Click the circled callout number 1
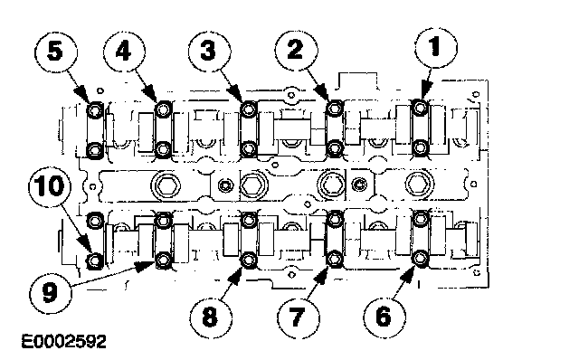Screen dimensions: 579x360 click(x=436, y=47)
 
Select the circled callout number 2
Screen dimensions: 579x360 click(x=296, y=50)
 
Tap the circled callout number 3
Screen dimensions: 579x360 click(x=209, y=51)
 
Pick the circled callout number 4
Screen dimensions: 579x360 click(x=124, y=51)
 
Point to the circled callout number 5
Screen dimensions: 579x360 click(x=56, y=51)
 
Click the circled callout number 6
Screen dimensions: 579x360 click(x=384, y=317)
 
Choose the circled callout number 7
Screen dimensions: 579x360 click(x=298, y=317)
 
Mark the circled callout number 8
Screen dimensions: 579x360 click(x=211, y=317)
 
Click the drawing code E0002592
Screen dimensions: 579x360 click(x=64, y=342)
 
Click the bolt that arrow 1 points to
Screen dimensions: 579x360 click(x=420, y=108)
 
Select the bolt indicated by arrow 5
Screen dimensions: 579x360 click(x=95, y=109)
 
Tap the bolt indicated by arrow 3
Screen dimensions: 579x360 click(x=249, y=109)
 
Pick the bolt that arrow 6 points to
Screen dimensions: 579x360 click(x=420, y=259)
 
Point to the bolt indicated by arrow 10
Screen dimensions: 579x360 click(x=95, y=261)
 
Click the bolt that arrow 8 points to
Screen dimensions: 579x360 click(x=249, y=261)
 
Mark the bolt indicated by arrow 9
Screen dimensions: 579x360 click(x=163, y=261)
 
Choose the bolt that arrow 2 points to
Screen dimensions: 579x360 click(x=335, y=109)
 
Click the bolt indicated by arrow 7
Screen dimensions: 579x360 click(x=335, y=259)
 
